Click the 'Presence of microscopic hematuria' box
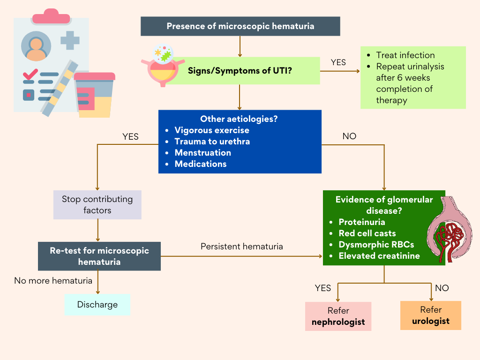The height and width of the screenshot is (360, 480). (x=240, y=26)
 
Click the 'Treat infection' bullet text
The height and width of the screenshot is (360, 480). (x=405, y=55)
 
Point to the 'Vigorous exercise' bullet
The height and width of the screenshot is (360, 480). (x=212, y=130)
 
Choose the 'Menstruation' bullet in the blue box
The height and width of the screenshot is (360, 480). (x=202, y=153)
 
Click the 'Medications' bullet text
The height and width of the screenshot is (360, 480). (x=200, y=164)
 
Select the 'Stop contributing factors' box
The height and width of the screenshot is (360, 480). (x=97, y=205)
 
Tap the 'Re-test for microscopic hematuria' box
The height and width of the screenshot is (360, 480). (x=99, y=256)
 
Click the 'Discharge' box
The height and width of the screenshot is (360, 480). (x=97, y=305)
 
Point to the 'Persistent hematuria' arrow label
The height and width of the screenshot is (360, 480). (x=241, y=246)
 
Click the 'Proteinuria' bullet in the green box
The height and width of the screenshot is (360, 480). (x=362, y=222)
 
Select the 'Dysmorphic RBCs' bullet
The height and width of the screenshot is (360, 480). (x=376, y=245)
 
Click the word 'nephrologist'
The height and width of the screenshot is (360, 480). (x=338, y=322)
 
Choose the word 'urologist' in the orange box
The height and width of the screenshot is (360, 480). (x=431, y=321)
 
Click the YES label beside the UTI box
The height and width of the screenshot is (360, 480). (x=338, y=62)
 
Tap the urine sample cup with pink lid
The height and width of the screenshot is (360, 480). (x=94, y=94)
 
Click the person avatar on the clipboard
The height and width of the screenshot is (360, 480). (x=36, y=46)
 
